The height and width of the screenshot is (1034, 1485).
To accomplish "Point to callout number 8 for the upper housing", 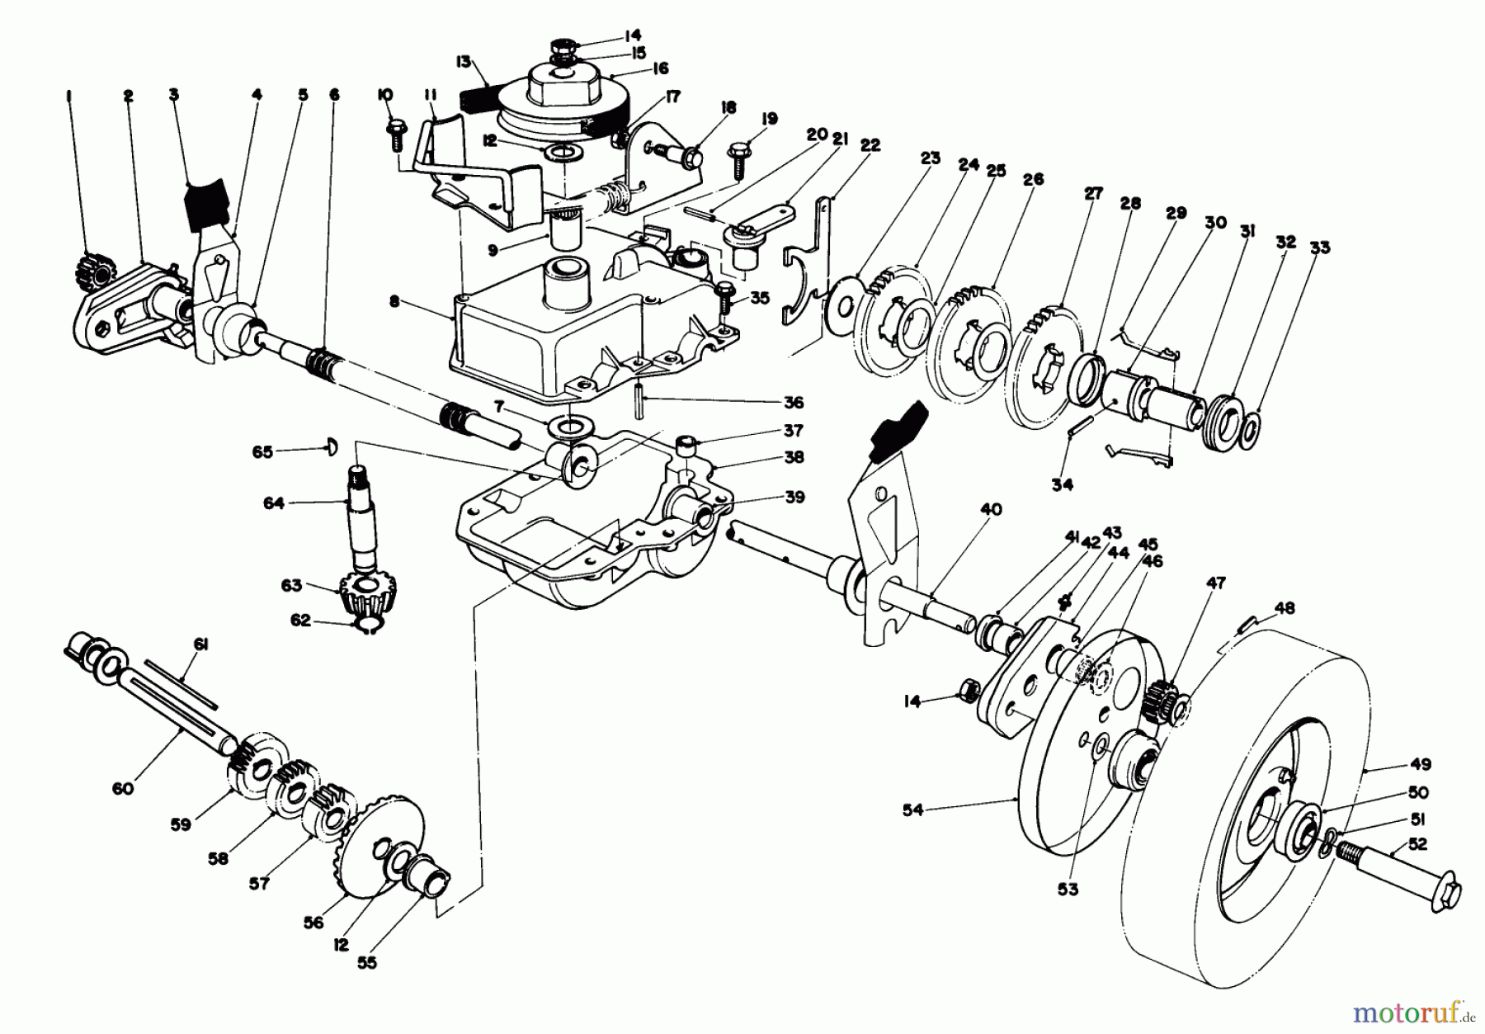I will click(394, 302).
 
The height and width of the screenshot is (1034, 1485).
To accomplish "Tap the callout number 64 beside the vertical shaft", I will click(273, 502).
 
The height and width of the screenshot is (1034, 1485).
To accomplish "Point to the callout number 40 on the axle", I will click(991, 509).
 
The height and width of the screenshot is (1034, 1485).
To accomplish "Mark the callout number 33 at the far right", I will click(1320, 247).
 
